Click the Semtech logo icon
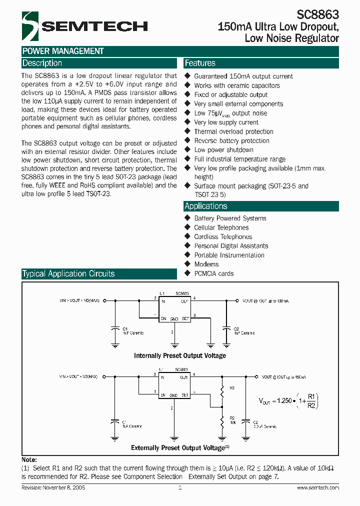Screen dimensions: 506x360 coord(30,26)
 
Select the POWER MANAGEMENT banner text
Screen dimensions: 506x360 coord(63,51)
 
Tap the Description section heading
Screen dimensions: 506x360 coord(42,63)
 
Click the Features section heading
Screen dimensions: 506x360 coord(200,63)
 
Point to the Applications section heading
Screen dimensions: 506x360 coord(206,206)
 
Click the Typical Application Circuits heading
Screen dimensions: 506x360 coord(68,274)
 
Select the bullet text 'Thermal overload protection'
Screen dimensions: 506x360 coord(233,131)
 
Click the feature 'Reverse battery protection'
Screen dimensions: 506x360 coord(231,140)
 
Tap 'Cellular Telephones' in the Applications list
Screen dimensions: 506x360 coord(221,227)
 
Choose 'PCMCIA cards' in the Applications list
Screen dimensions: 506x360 coord(213,273)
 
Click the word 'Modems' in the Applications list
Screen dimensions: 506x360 coord(206,264)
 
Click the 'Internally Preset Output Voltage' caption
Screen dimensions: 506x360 coord(180,355)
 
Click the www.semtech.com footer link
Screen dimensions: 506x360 coord(318,487)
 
